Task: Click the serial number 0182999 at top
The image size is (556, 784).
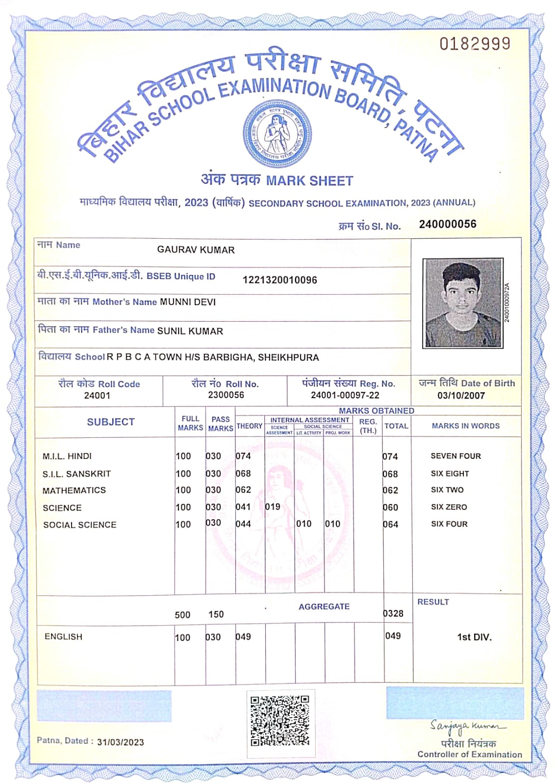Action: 475,44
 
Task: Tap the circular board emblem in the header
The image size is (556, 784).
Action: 277,134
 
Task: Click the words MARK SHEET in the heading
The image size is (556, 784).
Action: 309,181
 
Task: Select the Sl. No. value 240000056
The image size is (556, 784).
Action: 447,224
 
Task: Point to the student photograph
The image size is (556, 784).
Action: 463,303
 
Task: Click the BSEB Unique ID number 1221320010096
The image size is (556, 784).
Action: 279,280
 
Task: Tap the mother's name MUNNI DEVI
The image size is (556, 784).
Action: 188,302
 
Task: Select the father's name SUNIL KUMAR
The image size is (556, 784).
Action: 190,331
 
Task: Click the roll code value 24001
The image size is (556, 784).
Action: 97,395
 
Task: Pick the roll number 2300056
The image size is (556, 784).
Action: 226,395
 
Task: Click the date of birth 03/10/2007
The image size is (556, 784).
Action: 461,395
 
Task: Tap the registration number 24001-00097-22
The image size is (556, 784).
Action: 345,395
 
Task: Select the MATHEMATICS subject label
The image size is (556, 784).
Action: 74,490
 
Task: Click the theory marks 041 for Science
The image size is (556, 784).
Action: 243,507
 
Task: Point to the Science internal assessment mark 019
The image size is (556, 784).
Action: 273,507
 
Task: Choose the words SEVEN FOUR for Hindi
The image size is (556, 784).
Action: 455,456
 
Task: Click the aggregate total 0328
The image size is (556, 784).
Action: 393,613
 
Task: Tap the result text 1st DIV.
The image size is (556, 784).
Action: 474,637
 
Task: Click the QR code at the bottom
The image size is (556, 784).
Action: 280,720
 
